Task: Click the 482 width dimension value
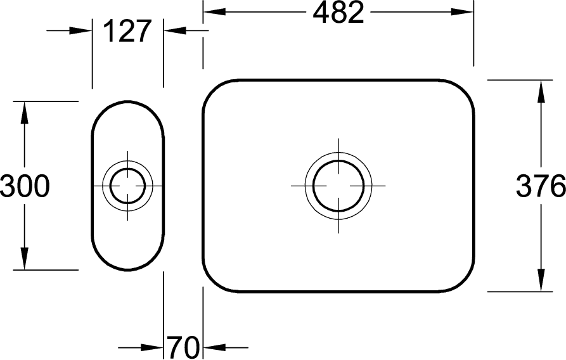338,13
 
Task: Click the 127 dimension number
127,31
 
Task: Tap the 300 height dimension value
25,186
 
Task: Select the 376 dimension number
541,186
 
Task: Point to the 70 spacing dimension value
183,347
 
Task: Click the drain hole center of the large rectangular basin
338,186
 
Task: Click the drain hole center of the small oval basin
127,186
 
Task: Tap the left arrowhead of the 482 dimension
214,12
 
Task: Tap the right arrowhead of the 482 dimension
462,12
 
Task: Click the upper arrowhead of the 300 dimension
25,113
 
